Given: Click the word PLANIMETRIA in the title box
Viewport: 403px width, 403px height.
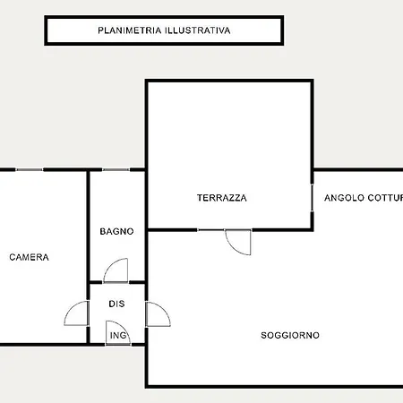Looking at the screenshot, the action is pyautogui.click(x=130, y=30).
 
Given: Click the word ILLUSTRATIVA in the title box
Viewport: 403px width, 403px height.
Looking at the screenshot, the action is pyautogui.click(x=198, y=30).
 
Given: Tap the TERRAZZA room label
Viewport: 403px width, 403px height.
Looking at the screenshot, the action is pyautogui.click(x=222, y=198).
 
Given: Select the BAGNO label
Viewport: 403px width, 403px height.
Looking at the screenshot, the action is pyautogui.click(x=116, y=231).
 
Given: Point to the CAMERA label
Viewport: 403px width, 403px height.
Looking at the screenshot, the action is pyautogui.click(x=29, y=257).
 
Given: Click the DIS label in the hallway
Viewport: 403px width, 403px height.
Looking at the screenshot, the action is pyautogui.click(x=116, y=304).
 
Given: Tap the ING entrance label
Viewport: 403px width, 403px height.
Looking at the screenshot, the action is pyautogui.click(x=118, y=336).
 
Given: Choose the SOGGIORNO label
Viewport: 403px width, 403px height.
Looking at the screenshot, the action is pyautogui.click(x=290, y=335).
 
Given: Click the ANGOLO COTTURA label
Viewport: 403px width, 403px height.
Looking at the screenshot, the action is pyautogui.click(x=364, y=198).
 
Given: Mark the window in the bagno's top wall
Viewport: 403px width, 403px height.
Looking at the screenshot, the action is pyautogui.click(x=116, y=169).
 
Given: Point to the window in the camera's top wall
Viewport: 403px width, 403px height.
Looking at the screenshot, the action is pyautogui.click(x=30, y=169).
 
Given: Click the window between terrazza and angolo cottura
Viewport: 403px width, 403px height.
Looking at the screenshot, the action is pyautogui.click(x=312, y=198).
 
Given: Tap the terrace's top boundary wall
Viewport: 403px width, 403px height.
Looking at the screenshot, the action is pyautogui.click(x=229, y=81).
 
